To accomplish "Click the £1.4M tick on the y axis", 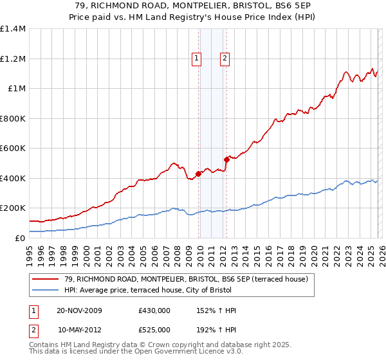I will point(13,29).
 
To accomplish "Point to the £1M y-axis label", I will point(17,89).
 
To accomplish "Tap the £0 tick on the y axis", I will point(21,238).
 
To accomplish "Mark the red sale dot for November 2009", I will point(198,174).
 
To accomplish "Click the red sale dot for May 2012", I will point(226,159).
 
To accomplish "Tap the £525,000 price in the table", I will point(154,328).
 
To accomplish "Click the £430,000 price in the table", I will point(154,310).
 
